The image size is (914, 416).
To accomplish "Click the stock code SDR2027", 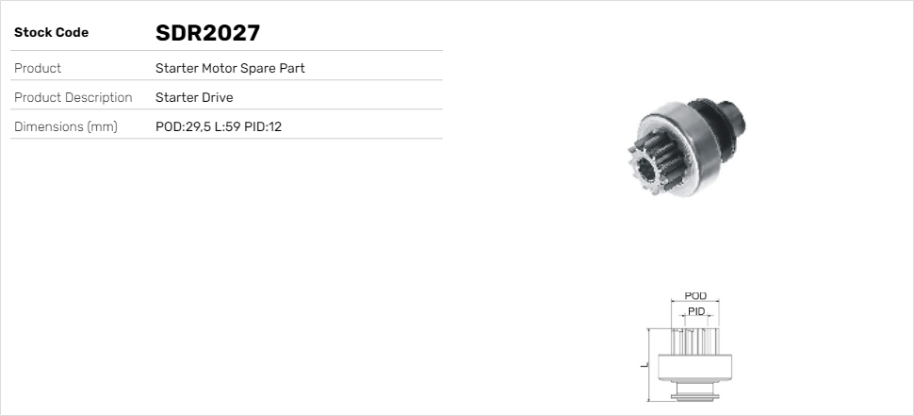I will pyautogui.click(x=207, y=33).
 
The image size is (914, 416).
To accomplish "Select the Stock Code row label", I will pyautogui.click(x=51, y=33).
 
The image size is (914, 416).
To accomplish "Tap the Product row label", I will pyautogui.click(x=38, y=68).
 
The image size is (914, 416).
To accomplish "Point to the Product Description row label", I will pyautogui.click(x=73, y=97).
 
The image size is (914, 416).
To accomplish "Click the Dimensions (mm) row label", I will pyautogui.click(x=65, y=126).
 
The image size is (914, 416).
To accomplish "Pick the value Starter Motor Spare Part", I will pyautogui.click(x=230, y=68).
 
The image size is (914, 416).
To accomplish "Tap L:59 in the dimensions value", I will pyautogui.click(x=227, y=126).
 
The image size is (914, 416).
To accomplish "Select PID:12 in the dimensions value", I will pyautogui.click(x=263, y=126).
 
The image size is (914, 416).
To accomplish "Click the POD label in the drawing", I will pyautogui.click(x=695, y=296).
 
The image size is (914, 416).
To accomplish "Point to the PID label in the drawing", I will pyautogui.click(x=696, y=311).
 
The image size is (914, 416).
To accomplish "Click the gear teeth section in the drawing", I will pyautogui.click(x=695, y=341).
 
